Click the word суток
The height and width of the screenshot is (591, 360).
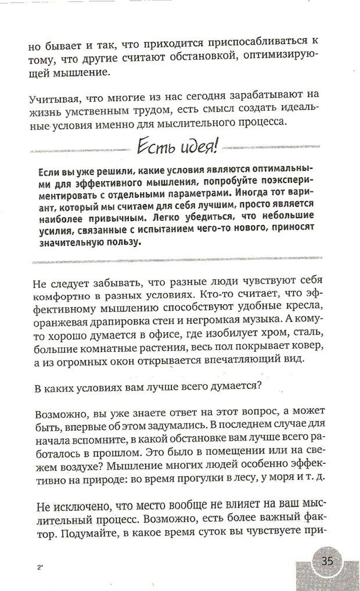(221, 532)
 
